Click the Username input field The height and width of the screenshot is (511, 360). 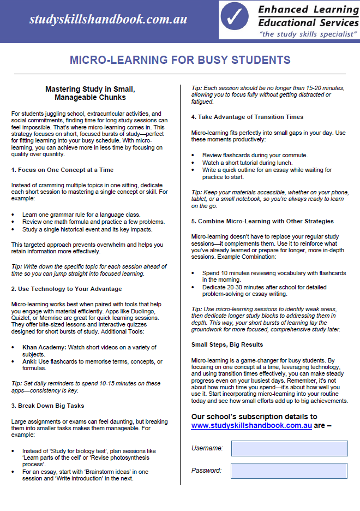(289, 448)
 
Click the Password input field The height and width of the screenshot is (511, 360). (289, 471)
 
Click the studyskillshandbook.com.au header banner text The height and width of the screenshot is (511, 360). (108, 20)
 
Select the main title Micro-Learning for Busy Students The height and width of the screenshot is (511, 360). (180, 60)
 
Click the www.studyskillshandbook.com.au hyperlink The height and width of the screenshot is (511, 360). (251, 425)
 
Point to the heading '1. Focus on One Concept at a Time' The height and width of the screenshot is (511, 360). (62, 170)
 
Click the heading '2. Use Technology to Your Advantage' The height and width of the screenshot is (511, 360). (66, 289)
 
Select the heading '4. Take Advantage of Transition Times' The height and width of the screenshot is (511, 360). (247, 117)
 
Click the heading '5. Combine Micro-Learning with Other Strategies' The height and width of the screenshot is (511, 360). (262, 221)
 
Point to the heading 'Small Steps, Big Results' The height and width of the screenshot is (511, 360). (227, 344)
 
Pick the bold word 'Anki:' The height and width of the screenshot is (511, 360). (31, 361)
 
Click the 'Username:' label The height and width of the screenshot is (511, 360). (207, 448)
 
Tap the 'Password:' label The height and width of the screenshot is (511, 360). (206, 471)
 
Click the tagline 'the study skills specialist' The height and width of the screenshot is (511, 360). (308, 34)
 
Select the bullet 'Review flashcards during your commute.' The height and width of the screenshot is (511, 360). (255, 155)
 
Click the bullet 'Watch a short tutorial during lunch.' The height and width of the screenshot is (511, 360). (247, 163)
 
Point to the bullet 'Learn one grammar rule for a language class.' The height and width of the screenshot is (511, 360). (81, 215)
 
